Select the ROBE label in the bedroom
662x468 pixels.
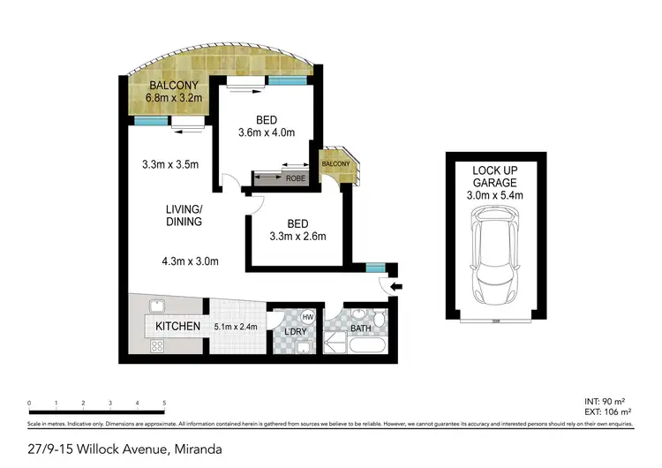(x=296, y=178)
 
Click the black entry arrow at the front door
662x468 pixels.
(x=395, y=286)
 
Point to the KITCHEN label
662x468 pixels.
(x=178, y=327)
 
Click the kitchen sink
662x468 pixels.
(x=156, y=307)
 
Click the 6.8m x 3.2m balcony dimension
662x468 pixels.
(x=175, y=99)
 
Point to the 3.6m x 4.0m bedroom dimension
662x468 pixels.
(x=266, y=133)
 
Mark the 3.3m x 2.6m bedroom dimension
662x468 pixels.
(x=297, y=236)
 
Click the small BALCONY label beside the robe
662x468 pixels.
(x=335, y=164)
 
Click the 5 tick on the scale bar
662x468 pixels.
(x=164, y=403)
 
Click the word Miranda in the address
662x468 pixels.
(x=198, y=449)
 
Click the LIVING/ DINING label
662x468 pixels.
(x=184, y=215)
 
